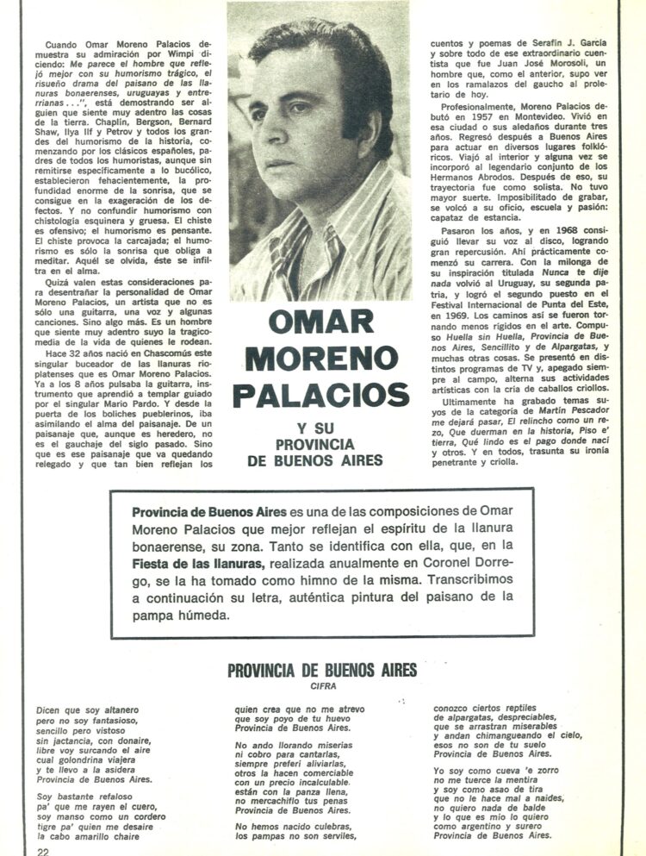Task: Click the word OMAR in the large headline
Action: click(x=320, y=321)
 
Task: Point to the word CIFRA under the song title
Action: click(x=321, y=687)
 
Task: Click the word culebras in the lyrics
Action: click(x=331, y=825)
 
